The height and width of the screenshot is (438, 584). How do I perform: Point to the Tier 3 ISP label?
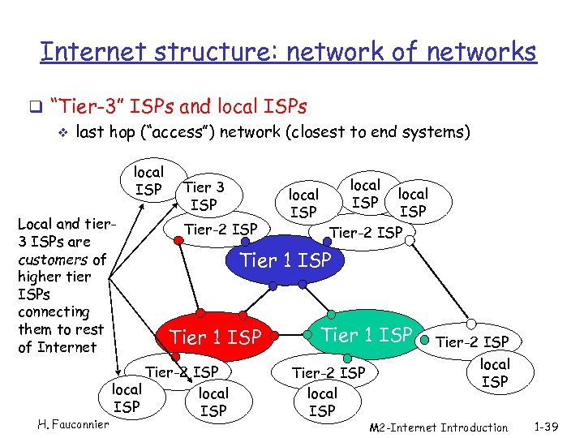204,195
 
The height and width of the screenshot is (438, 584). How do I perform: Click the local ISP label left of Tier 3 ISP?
148,181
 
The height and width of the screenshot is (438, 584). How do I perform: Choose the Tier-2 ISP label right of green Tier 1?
473,341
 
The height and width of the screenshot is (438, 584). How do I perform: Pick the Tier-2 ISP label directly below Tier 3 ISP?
221,229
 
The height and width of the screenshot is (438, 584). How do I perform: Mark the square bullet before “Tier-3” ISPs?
34,106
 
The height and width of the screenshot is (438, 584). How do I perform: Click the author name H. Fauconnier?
73,424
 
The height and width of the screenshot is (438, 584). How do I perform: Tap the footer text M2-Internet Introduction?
438,427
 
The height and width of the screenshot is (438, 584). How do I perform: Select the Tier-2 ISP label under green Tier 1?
328,372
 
